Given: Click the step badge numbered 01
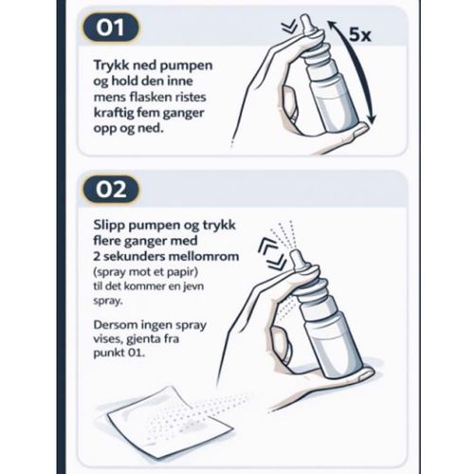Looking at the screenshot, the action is (111, 27).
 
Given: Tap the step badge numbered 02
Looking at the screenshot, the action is (111, 190).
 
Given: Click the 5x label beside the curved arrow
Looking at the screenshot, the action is (359, 34).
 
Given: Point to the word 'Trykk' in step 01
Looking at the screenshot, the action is (112, 65).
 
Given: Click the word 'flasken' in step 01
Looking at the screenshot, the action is (146, 97).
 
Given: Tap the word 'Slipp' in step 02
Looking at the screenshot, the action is (109, 226).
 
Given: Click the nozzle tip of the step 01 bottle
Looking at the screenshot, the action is (304, 17).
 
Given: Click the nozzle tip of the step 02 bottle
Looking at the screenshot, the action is (295, 252).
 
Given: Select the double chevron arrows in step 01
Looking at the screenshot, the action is (290, 27).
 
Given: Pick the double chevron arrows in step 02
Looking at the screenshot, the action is (272, 254).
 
